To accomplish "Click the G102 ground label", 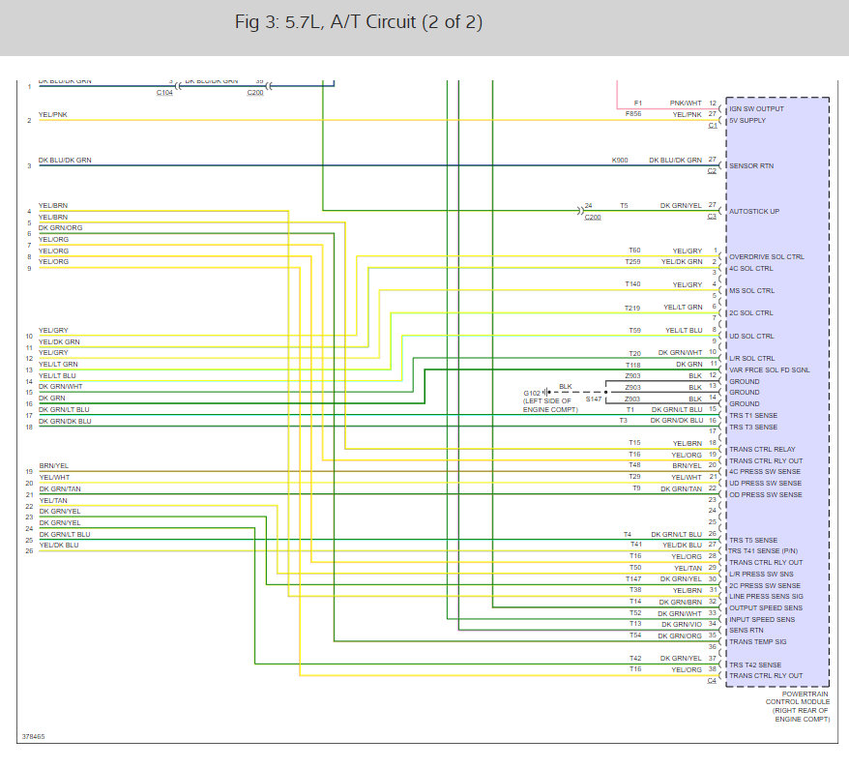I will click(x=534, y=393).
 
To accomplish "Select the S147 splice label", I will click(x=594, y=399).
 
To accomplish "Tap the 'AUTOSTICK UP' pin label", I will click(x=753, y=211).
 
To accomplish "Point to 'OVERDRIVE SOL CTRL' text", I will click(x=766, y=256).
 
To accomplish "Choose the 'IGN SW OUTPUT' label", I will click(x=756, y=108).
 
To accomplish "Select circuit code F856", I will click(x=632, y=114).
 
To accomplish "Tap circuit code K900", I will click(x=620, y=160).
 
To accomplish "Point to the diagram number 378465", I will click(x=33, y=737).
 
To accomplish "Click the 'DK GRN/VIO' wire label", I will click(x=681, y=624).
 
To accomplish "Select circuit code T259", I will click(x=632, y=261).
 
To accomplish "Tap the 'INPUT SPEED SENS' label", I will click(x=762, y=619).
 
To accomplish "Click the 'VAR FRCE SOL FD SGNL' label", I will click(x=770, y=369).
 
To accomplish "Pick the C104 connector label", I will click(x=164, y=92).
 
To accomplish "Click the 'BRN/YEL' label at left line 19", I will click(x=53, y=466).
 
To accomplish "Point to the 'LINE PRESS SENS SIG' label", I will click(x=766, y=597).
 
